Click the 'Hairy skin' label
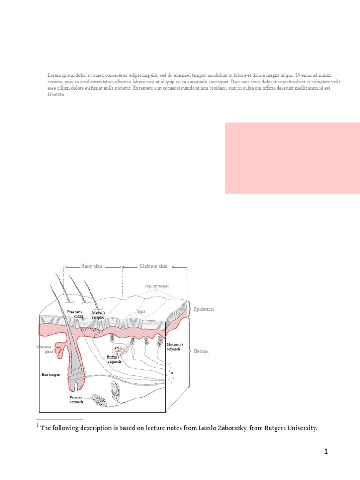(x=91, y=266)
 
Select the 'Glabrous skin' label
(x=153, y=266)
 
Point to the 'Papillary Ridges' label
(x=157, y=286)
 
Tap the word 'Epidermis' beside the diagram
(x=204, y=309)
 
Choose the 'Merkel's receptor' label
(x=98, y=315)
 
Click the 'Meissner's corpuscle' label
(x=175, y=347)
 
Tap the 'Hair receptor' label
(x=51, y=375)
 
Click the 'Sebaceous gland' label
(x=43, y=350)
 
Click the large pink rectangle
(x=292, y=158)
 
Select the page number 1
(x=325, y=452)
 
